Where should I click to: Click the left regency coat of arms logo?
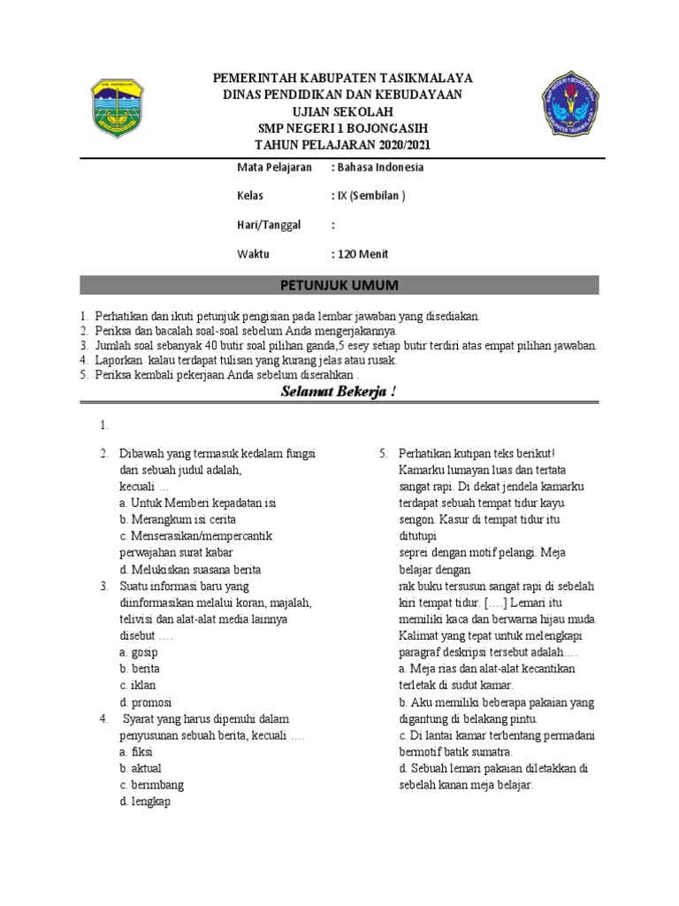click(x=123, y=111)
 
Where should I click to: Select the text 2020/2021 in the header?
click(x=401, y=145)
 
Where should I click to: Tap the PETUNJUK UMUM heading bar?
click(x=339, y=285)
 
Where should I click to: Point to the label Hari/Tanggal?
click(x=269, y=225)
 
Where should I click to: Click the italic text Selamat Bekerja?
click(x=339, y=390)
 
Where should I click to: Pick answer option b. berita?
click(x=139, y=669)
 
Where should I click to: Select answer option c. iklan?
click(x=137, y=686)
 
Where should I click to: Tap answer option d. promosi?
click(x=144, y=703)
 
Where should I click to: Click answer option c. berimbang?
click(x=151, y=785)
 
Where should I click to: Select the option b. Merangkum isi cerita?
click(x=177, y=519)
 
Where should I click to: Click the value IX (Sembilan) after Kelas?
click(x=368, y=196)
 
